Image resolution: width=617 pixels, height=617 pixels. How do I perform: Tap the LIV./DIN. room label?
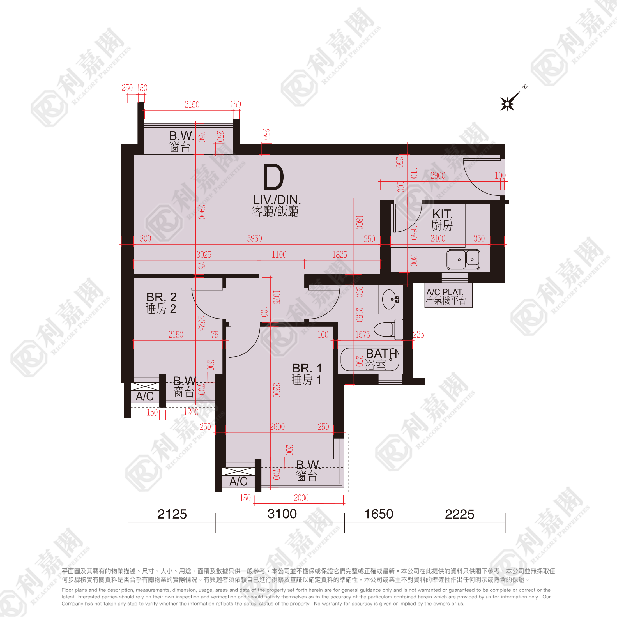point(277,200)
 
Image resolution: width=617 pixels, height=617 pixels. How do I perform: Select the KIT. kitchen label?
point(442,214)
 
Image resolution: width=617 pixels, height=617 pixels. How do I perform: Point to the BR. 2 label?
point(161,297)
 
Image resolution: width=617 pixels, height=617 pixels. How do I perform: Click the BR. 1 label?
point(307,368)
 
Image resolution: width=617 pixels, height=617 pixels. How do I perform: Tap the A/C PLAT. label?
point(445,292)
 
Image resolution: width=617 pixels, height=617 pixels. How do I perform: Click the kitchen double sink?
point(463,259)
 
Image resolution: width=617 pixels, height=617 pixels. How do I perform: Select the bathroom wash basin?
point(390,299)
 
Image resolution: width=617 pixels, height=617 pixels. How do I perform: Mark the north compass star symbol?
point(507,104)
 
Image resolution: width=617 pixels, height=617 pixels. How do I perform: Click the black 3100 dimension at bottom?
point(282,514)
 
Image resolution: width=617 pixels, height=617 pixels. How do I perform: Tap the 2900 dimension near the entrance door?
point(438,175)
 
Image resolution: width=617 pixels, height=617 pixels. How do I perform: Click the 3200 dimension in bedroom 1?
point(277,390)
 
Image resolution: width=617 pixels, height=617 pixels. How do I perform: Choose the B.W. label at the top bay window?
point(181,136)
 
